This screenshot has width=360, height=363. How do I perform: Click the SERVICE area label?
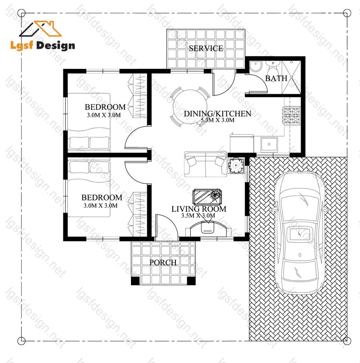tap(206, 48)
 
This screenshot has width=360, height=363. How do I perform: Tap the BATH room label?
tap(276, 78)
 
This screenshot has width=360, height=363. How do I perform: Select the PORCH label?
tap(163, 263)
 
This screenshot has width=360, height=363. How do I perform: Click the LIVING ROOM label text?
tap(199, 209)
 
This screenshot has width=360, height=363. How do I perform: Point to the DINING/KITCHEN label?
tap(217, 113)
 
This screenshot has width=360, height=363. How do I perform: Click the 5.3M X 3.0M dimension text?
tap(217, 120)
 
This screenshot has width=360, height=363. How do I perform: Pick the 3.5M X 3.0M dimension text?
tap(198, 216)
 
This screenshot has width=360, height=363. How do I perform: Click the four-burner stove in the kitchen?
tap(292, 115)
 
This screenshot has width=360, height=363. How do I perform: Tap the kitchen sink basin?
tap(269, 144)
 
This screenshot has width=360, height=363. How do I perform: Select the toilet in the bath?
tap(273, 68)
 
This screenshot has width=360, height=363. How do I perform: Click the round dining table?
tap(190, 107)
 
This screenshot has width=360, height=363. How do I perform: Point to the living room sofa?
tap(206, 164)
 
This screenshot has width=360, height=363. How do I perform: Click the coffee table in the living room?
tap(207, 197)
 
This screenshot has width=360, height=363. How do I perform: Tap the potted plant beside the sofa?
tap(236, 165)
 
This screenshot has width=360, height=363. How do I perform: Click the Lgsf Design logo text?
tap(43, 45)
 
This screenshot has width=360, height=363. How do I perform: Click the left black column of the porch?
tap(135, 281)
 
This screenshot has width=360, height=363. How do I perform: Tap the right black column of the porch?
tap(191, 281)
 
